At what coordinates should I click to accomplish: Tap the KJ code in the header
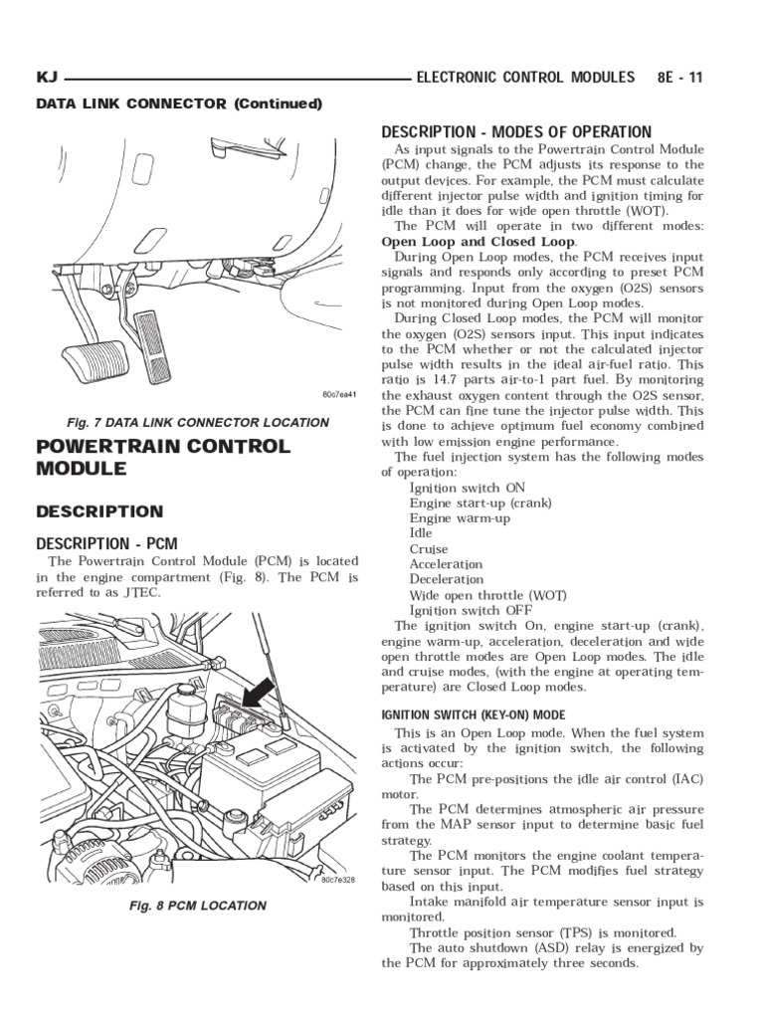point(47,78)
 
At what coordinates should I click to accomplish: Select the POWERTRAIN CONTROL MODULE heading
point(163,457)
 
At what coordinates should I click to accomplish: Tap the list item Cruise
point(429,548)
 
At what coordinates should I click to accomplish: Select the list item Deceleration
point(447,579)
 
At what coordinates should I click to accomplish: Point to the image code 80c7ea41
point(339,395)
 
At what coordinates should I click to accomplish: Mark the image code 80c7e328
point(339,880)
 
